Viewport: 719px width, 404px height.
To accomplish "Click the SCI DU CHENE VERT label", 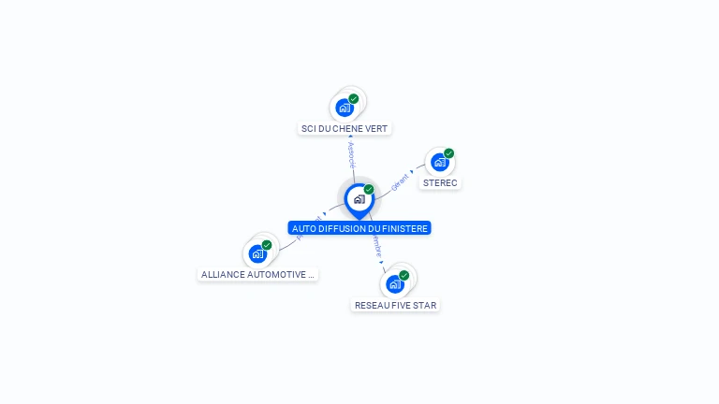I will (345, 128).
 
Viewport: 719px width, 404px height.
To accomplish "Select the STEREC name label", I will (440, 182).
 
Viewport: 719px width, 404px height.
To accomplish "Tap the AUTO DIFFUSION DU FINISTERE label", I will (359, 228).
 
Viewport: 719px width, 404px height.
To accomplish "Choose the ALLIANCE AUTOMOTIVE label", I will (258, 275).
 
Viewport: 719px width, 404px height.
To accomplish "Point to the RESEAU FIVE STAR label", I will (395, 305).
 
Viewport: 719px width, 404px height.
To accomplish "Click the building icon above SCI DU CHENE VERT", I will (345, 108).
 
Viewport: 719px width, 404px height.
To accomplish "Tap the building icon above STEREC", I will (439, 163).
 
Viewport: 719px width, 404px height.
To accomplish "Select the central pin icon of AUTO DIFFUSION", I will (359, 199).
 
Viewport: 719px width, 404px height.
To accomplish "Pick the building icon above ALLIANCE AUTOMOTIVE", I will (257, 253).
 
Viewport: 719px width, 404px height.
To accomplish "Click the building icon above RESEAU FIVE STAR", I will (394, 284).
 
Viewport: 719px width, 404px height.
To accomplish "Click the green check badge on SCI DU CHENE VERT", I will (354, 98).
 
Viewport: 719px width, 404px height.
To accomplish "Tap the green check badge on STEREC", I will (449, 153).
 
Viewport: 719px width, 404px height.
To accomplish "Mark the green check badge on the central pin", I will (369, 190).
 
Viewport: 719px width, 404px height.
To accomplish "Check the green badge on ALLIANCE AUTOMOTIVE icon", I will (267, 245).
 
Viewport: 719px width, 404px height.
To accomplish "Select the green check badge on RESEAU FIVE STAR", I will (404, 275).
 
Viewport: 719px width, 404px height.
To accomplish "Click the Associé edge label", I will (351, 154).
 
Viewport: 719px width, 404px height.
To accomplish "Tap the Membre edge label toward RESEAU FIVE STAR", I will (376, 247).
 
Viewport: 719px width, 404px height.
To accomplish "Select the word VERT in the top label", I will (375, 128).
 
